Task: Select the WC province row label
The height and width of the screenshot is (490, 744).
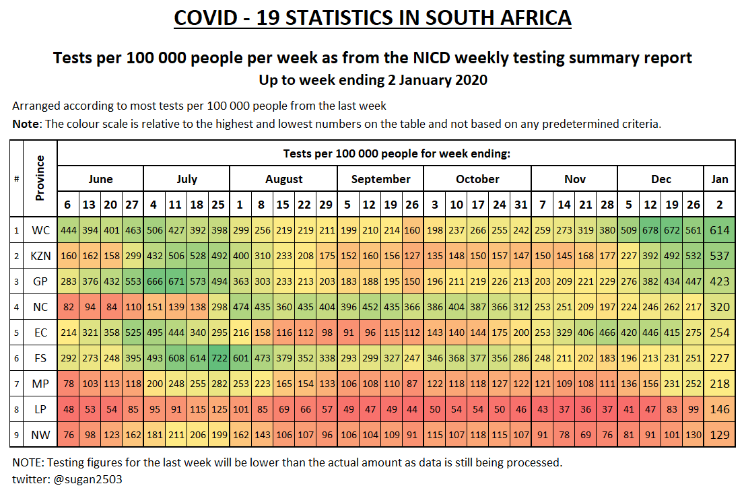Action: (40, 230)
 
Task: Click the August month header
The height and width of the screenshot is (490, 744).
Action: (283, 179)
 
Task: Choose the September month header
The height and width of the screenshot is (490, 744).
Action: (380, 179)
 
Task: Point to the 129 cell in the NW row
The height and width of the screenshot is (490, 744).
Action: (720, 434)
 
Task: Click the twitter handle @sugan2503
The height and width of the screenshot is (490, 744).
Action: (80, 479)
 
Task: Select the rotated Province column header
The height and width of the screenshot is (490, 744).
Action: (40, 178)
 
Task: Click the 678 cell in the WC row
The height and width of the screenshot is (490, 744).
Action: (650, 230)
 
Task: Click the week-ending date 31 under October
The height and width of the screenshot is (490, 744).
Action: (520, 205)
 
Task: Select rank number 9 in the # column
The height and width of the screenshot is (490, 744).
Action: (17, 434)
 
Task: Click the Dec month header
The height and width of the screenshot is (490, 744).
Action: (661, 179)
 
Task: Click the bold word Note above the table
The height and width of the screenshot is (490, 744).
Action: (26, 124)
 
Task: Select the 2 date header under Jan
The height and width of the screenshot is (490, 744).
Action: (720, 205)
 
